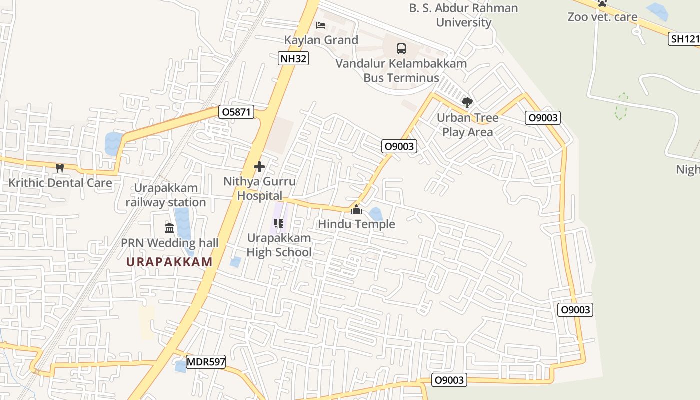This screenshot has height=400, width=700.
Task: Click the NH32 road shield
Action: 293,58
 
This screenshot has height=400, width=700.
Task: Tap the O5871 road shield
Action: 236,112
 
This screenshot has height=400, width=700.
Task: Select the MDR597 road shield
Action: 206,362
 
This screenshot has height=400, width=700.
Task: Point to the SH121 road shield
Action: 683,39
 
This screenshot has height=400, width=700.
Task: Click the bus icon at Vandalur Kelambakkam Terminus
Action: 401,49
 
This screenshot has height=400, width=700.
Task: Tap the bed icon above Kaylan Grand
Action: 321,25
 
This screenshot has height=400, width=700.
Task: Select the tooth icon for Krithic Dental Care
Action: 60,168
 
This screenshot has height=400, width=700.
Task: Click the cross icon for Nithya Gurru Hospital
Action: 259,167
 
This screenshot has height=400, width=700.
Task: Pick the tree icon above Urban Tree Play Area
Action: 467,103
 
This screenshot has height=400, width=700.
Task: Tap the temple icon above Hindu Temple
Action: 356,209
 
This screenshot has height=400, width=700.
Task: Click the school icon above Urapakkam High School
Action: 279,223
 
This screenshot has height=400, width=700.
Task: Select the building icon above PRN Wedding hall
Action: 169,228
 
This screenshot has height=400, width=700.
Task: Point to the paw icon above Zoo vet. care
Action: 602,3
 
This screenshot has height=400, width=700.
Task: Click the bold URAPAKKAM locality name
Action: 169,262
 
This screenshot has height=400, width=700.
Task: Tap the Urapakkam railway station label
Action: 166,195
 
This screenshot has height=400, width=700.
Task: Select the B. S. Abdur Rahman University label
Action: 464,15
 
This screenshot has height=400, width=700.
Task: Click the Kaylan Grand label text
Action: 321,40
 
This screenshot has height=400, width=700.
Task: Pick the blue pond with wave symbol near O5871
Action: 114,143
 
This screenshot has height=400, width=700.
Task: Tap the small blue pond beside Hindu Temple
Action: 376,214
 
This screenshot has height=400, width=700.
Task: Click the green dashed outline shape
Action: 621,106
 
